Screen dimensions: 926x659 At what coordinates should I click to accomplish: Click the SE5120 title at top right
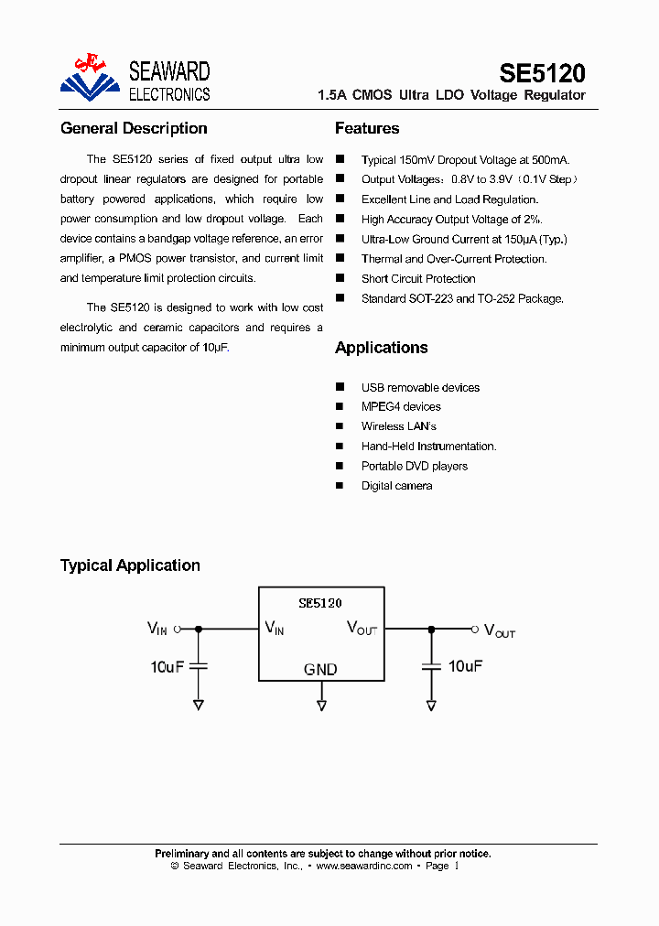click(x=542, y=73)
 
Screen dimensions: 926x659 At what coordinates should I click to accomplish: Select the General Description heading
click(x=134, y=128)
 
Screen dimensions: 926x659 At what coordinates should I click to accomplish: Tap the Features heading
click(x=367, y=128)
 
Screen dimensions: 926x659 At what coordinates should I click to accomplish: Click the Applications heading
click(x=381, y=348)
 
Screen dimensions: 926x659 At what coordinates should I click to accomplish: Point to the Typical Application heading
click(x=130, y=565)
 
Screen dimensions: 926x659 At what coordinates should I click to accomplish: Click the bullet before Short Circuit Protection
click(x=340, y=278)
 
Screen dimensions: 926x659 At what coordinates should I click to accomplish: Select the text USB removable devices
click(x=420, y=387)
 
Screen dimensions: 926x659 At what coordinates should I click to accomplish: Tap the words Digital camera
click(x=396, y=486)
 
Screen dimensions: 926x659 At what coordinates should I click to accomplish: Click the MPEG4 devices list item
click(x=401, y=407)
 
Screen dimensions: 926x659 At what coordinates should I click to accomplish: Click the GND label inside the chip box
click(x=320, y=670)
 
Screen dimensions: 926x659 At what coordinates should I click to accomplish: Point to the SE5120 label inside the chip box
click(x=320, y=603)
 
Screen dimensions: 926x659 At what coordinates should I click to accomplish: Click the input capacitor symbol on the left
click(x=199, y=666)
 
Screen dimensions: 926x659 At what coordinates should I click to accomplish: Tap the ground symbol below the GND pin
click(x=321, y=705)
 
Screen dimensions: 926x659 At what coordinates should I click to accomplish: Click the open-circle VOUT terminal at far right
click(x=474, y=629)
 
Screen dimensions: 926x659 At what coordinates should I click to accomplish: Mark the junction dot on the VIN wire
click(x=199, y=629)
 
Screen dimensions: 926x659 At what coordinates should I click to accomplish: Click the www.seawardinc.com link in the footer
click(x=364, y=866)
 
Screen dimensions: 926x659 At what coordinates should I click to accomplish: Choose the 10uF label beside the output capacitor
click(x=464, y=666)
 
